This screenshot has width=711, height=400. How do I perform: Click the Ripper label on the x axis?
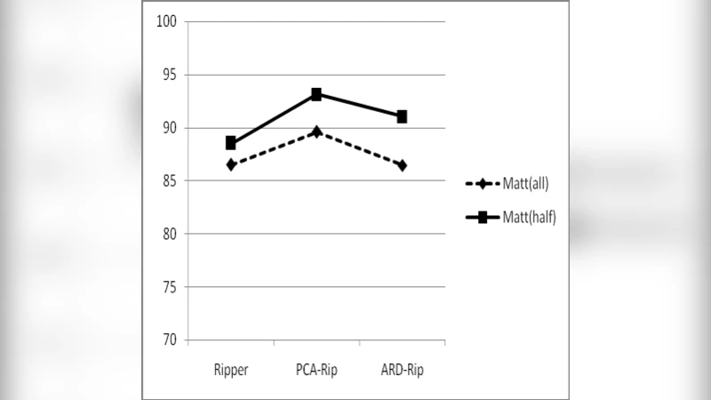(x=231, y=369)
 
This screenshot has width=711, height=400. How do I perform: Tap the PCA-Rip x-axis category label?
(x=316, y=369)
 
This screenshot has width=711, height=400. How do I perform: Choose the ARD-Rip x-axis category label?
(x=402, y=369)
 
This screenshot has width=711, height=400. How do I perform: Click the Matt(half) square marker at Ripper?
(x=231, y=143)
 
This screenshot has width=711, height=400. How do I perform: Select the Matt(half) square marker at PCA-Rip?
(x=316, y=94)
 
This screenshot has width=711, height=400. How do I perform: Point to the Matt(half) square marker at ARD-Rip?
(x=402, y=116)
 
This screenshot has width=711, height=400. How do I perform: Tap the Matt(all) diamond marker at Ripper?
(x=231, y=164)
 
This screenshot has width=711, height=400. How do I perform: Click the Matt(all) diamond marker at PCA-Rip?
(x=316, y=132)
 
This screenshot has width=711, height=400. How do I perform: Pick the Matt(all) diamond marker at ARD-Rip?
(x=402, y=165)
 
